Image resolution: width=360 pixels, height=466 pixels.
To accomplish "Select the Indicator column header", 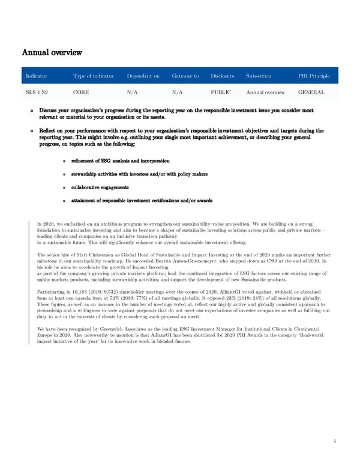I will pyautogui.click(x=37, y=76).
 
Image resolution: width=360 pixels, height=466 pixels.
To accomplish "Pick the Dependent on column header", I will pyautogui.click(x=143, y=76).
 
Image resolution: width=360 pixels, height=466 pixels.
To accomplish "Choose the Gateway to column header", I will pyautogui.click(x=185, y=76).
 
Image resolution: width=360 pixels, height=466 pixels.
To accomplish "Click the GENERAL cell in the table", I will pyautogui.click(x=311, y=92).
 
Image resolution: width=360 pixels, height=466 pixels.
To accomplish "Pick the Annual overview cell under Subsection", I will pyautogui.click(x=266, y=92).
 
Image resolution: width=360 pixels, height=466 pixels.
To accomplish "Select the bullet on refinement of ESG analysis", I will pyautogui.click(x=119, y=161).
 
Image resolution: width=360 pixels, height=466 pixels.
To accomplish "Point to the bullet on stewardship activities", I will pyautogui.click(x=139, y=174).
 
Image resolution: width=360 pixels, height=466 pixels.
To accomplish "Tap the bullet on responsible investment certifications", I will pyautogui.click(x=141, y=201).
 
